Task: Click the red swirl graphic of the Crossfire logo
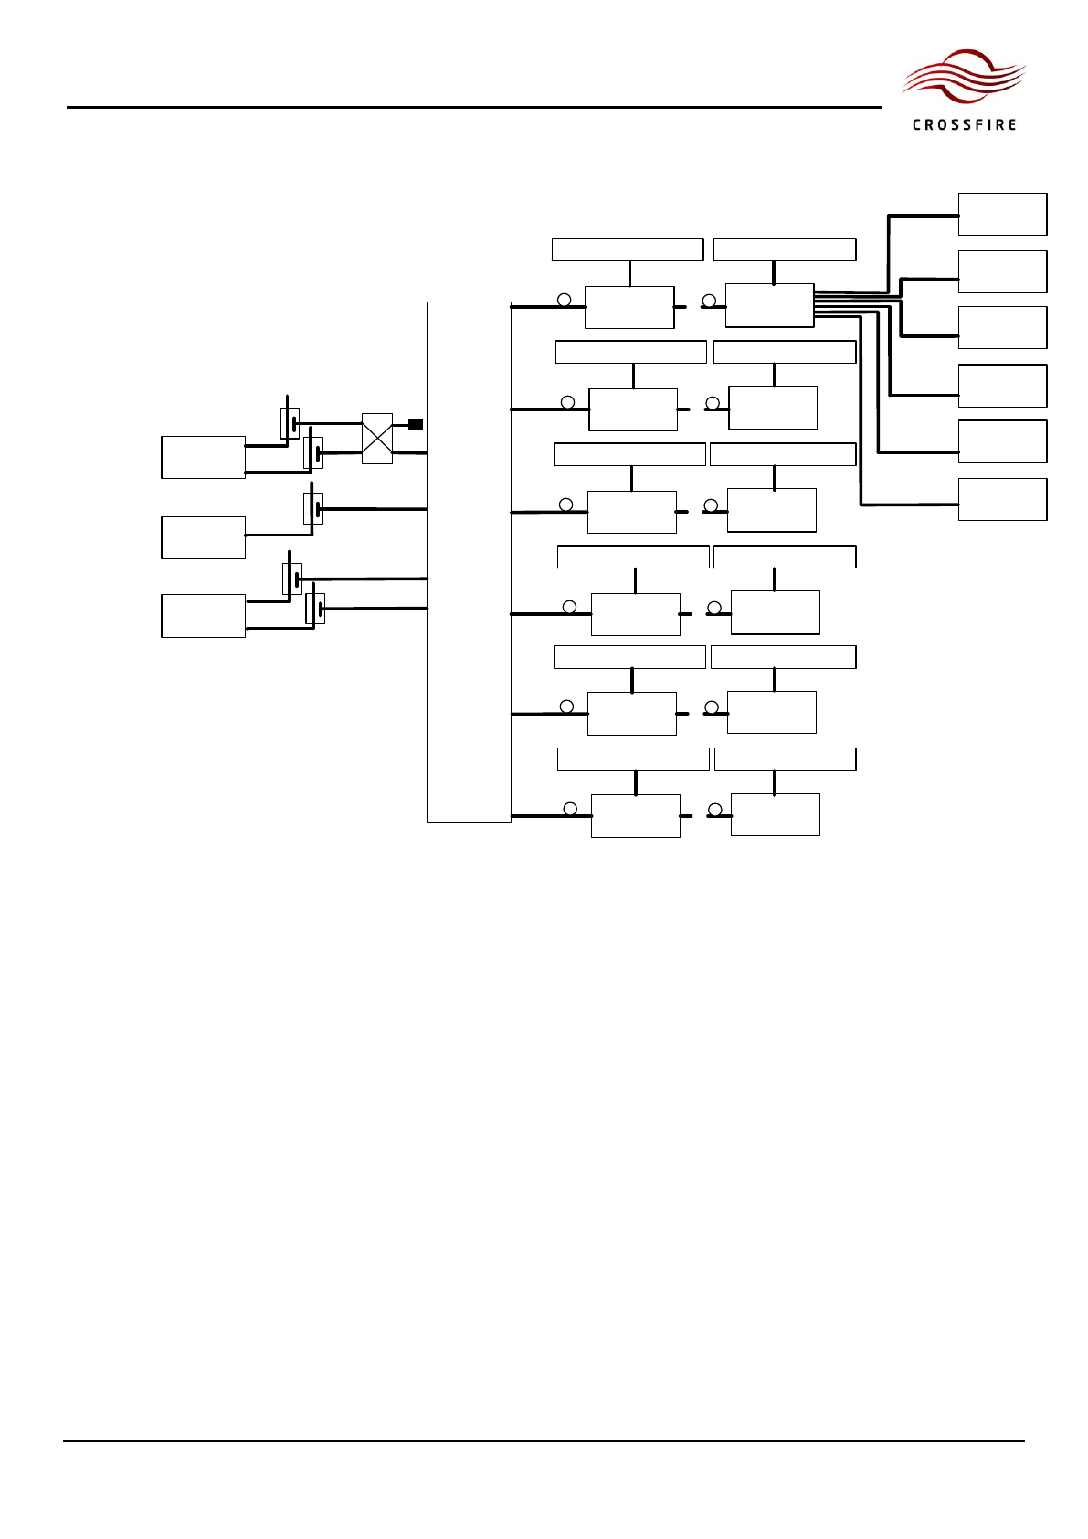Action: tap(963, 78)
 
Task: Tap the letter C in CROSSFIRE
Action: tap(916, 125)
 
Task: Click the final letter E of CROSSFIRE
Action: tap(1011, 125)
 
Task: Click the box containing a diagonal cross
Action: tap(377, 439)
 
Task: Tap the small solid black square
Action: tap(416, 424)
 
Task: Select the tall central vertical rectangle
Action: tap(469, 561)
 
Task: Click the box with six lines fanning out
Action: tap(769, 305)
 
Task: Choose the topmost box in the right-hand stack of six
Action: tap(1002, 215)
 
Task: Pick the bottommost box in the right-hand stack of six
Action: tap(1002, 500)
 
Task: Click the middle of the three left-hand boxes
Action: tap(203, 537)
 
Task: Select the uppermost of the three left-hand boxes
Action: tap(203, 457)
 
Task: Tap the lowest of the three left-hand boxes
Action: tap(203, 616)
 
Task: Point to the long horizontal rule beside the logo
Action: tap(473, 107)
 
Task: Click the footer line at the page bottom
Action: tap(544, 1442)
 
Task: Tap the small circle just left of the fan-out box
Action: tap(709, 301)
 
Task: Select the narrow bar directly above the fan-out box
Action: tap(785, 249)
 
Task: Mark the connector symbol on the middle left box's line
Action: tap(313, 508)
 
